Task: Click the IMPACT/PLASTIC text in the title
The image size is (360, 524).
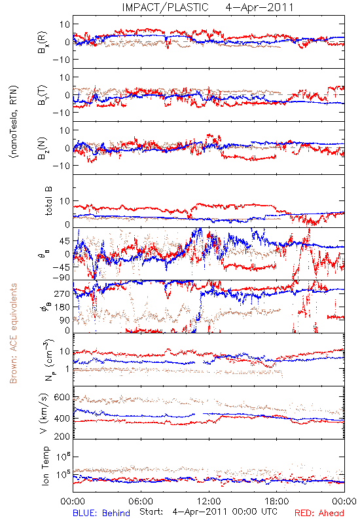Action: (x=166, y=7)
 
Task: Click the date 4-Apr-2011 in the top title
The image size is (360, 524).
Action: (x=259, y=7)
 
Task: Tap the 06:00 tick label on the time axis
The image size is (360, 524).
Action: (x=141, y=501)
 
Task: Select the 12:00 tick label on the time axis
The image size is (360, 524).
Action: (x=209, y=501)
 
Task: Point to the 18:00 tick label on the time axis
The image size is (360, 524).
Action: (x=277, y=501)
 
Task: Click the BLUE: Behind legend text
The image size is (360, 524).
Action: (x=101, y=514)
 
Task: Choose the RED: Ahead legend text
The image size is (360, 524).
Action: (x=319, y=514)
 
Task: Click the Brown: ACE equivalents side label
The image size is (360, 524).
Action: (x=13, y=333)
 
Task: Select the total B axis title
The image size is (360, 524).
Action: (x=48, y=201)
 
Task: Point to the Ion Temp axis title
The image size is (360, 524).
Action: (x=45, y=466)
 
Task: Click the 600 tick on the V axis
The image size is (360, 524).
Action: (x=62, y=398)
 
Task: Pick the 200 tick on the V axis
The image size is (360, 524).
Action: (x=62, y=436)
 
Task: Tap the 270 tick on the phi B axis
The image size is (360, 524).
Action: (x=62, y=293)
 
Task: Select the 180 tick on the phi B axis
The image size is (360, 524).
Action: (x=62, y=307)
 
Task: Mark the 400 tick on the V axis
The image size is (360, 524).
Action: (x=62, y=418)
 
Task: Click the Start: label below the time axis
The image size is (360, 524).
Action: (x=152, y=512)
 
